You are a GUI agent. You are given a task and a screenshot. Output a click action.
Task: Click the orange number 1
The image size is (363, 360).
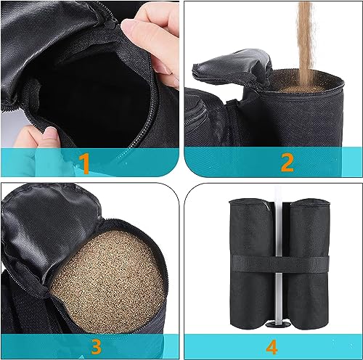[x=85, y=163]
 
